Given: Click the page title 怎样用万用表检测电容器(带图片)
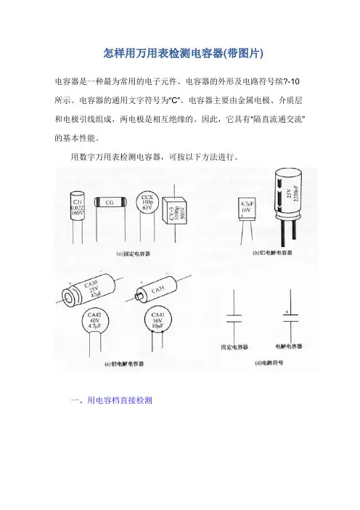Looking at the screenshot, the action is point(183,53).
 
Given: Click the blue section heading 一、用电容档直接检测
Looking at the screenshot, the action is point(112,400).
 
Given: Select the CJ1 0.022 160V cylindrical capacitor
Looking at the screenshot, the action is point(77,208).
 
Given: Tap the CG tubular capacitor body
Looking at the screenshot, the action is point(110,202).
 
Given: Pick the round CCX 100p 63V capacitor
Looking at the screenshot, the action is point(147,203).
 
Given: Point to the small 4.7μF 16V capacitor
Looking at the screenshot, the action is point(247,209).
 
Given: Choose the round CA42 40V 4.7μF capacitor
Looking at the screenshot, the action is point(94,320).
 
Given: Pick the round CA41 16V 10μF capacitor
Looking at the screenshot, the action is point(157,320).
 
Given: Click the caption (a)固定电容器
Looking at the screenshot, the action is point(134,254).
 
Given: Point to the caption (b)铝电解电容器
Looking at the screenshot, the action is point(272,253).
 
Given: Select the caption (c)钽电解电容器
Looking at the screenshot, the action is point(124,364).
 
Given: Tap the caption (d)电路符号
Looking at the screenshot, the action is point(269,363).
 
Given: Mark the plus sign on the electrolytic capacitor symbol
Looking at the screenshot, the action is point(287,312).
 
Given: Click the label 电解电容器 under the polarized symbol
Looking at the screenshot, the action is point(289,346).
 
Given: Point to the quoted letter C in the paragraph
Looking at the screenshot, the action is point(174,100).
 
